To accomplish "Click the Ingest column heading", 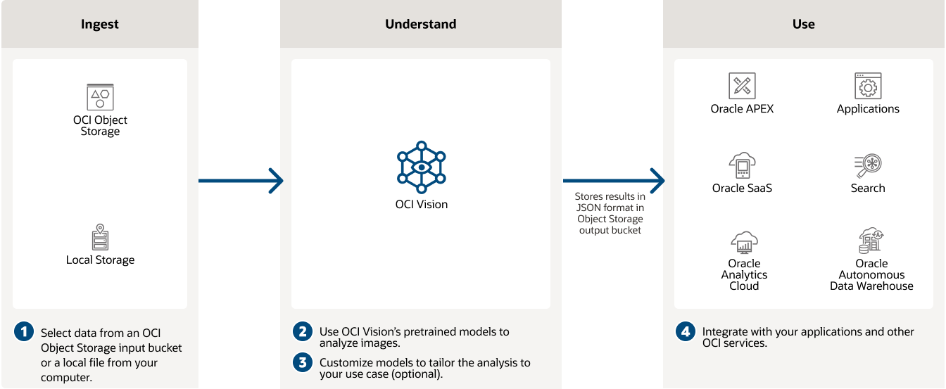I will (x=100, y=24).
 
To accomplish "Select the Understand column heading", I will (x=420, y=24).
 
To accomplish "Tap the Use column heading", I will (x=803, y=24).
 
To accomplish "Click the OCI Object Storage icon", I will (x=100, y=97).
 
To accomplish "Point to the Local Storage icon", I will (x=100, y=238).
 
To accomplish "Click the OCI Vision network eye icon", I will (x=421, y=167).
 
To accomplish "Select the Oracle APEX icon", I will (x=742, y=86).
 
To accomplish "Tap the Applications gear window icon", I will (x=868, y=86).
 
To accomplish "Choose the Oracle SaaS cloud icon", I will (x=742, y=166).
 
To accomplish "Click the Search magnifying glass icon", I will (x=868, y=166).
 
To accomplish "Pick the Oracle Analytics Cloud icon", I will (x=744, y=243).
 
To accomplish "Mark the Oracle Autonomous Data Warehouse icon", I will (x=871, y=241).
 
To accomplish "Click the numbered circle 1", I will (x=24, y=332).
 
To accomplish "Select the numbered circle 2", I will (x=303, y=331).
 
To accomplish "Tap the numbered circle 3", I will (x=303, y=362).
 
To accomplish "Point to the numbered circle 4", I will (x=686, y=331).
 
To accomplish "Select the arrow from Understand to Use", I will (x=613, y=181).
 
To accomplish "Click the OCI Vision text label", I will (x=421, y=205).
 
